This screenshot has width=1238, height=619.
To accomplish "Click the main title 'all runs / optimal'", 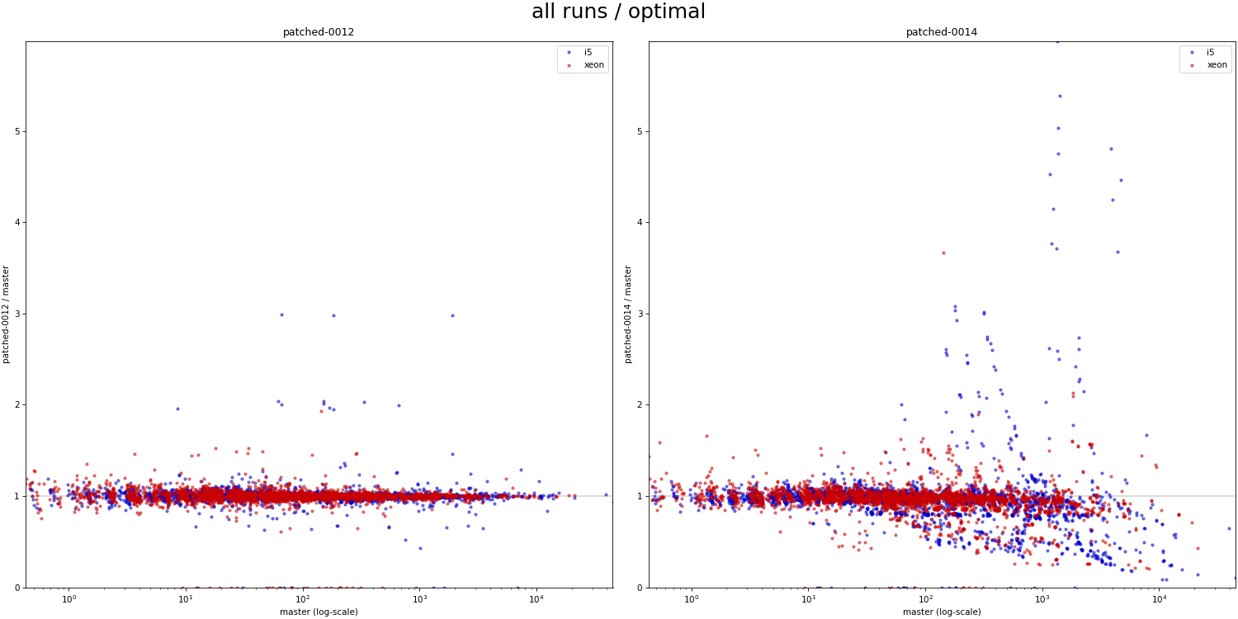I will coord(618,12).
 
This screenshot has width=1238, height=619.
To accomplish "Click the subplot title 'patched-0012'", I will coord(319,32).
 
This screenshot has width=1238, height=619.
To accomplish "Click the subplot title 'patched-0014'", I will coord(941,32).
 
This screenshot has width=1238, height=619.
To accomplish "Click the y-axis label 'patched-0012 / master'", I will coord(7,314).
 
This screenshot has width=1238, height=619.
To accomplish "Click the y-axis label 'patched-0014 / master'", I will coord(629,314).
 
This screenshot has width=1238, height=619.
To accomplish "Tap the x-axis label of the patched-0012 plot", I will coord(319,612).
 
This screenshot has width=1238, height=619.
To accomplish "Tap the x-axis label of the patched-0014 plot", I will coord(941,612).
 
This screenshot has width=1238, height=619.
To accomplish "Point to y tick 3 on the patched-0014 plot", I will coord(640,314).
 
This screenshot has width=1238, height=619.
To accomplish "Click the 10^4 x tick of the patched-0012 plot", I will coord(536,598).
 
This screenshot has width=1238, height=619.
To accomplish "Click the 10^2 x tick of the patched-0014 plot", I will coord(925,598).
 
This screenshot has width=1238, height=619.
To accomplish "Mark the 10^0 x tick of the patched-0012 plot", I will coord(69,598).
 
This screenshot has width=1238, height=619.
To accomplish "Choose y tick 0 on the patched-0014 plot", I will coord(640,588).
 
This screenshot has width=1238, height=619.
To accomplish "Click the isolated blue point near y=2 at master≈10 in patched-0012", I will coord(177,409).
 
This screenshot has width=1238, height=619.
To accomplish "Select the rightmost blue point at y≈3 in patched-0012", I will coord(452,315).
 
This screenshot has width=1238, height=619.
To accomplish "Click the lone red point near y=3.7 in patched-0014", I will coord(943,253).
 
